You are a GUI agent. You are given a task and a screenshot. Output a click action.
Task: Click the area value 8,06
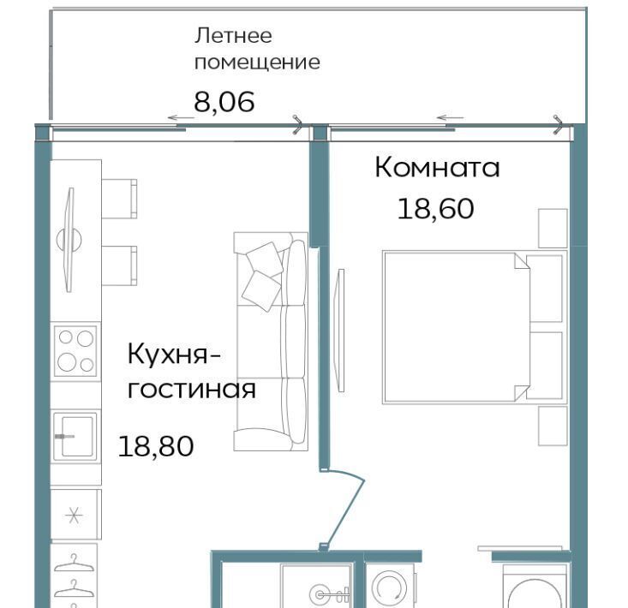(224, 102)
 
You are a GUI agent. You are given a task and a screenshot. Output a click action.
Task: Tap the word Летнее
(233, 36)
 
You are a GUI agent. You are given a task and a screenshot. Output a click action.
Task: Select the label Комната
(437, 167)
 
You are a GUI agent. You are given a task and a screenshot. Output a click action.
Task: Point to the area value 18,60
(436, 209)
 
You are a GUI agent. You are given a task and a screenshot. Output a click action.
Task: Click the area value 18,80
(156, 446)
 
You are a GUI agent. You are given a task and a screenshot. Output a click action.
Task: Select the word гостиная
(191, 389)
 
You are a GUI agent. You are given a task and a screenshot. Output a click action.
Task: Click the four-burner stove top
(75, 351)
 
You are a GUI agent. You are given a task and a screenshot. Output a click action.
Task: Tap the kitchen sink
(75, 436)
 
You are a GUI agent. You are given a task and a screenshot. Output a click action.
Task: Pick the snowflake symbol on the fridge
(74, 516)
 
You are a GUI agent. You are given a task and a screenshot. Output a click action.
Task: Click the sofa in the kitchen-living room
(271, 342)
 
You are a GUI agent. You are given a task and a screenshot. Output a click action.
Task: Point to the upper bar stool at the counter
(119, 199)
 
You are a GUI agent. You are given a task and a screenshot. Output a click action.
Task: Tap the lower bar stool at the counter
(119, 265)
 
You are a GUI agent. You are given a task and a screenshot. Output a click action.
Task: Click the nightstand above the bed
(553, 228)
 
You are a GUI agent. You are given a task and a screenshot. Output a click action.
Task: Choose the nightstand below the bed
(553, 426)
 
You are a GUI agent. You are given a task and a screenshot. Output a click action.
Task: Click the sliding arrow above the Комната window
(450, 117)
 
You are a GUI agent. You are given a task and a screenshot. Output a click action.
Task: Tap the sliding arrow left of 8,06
(181, 117)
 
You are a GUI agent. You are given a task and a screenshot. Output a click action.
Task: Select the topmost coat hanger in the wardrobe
(74, 563)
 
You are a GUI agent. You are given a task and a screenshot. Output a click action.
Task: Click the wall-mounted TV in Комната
(341, 331)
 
